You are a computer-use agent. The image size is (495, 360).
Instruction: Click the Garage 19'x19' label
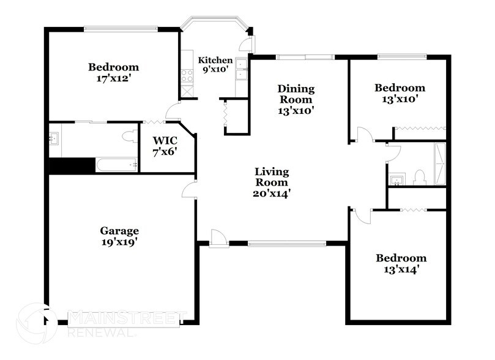point(119,236)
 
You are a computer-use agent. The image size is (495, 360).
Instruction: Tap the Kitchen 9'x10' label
point(215,65)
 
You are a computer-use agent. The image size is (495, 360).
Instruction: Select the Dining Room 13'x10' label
point(296,100)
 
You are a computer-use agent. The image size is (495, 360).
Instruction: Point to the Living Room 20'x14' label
point(272,182)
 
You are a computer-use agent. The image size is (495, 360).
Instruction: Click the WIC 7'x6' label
point(165,145)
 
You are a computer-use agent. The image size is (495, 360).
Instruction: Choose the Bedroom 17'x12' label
point(113,72)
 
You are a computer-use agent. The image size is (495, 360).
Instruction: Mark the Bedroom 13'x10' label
point(400,93)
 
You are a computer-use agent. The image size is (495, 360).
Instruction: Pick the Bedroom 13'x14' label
point(401,263)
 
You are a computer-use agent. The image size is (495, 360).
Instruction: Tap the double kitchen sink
point(241,69)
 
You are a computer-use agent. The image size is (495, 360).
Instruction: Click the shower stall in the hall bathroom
point(440,164)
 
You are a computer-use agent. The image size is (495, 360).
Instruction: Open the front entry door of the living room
point(217,238)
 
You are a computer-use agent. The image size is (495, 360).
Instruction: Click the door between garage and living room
point(189,190)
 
